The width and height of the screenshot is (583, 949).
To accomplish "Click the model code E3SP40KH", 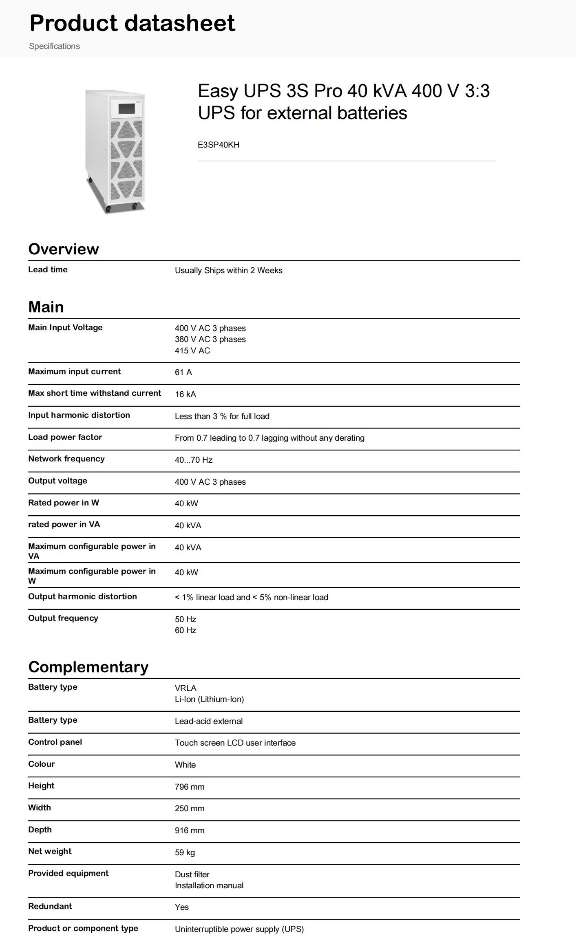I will (x=219, y=145).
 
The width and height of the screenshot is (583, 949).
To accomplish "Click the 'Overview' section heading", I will (x=64, y=249).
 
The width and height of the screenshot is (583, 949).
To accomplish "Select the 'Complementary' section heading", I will (x=88, y=667).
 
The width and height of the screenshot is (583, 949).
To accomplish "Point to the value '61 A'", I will (x=183, y=372).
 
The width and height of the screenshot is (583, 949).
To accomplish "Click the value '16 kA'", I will (x=185, y=394).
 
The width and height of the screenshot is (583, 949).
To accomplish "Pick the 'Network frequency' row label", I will (x=66, y=459).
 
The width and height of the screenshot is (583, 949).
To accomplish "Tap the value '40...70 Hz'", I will (x=194, y=460).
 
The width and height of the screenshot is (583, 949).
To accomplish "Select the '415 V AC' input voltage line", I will (x=192, y=351).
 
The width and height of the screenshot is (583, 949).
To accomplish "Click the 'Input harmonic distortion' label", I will (x=79, y=415).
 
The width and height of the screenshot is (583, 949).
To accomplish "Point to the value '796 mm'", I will (x=190, y=787).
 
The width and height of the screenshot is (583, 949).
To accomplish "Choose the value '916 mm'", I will (x=190, y=830).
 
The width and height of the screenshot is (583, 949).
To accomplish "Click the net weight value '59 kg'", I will (x=185, y=852).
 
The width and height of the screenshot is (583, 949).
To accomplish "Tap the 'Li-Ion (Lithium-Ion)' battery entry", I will (x=209, y=699).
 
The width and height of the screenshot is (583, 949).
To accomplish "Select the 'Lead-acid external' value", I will (x=209, y=721).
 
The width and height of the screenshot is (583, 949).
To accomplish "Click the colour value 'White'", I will (x=185, y=765).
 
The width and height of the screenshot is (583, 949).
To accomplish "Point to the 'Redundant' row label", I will (x=50, y=906).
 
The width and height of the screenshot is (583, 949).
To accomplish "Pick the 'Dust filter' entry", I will (x=192, y=874).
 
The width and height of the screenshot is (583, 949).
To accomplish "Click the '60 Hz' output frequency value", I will (x=185, y=630).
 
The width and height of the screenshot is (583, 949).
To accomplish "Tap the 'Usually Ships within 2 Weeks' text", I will (x=228, y=270).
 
